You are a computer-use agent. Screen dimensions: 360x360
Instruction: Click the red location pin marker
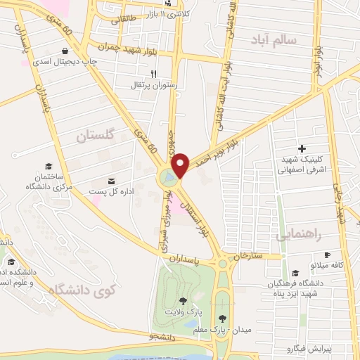pos(181,164)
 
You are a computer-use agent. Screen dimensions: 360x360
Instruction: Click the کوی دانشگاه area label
pos(81,289)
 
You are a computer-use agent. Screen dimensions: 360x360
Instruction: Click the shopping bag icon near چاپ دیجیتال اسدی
pos(65,50)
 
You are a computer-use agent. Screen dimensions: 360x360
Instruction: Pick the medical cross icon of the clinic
pos(302,148)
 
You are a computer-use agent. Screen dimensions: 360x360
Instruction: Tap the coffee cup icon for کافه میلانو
pos(326,255)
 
